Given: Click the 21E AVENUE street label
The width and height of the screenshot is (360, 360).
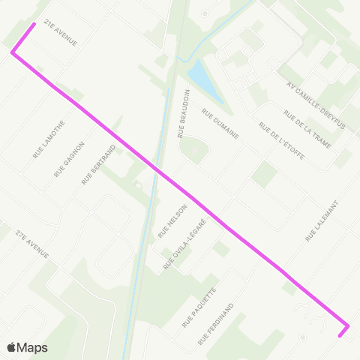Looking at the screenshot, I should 61,32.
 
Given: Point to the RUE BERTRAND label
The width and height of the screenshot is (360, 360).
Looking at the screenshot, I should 93,166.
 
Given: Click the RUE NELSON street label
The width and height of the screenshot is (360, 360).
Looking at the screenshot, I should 172,221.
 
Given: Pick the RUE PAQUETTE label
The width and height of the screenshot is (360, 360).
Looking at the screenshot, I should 199,307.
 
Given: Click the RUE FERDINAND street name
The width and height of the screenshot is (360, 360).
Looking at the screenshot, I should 217,324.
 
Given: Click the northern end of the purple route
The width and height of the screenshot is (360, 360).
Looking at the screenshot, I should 34,24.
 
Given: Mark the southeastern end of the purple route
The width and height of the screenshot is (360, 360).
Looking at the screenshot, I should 340,335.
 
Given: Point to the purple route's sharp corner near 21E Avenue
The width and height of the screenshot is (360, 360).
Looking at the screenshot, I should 12,52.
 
